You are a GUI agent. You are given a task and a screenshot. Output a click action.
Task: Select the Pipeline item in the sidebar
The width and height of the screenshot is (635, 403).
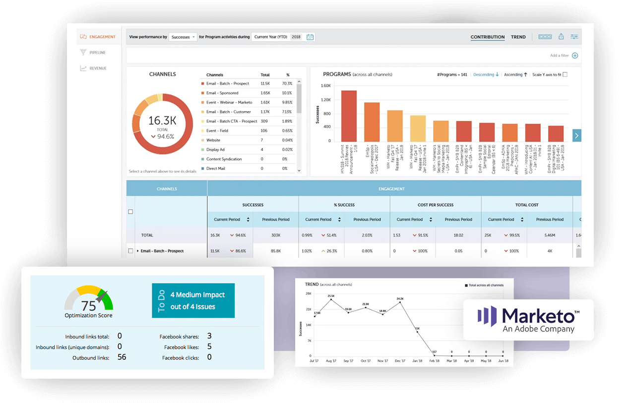[97, 53]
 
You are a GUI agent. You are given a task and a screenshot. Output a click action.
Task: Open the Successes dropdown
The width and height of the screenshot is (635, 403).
[183, 37]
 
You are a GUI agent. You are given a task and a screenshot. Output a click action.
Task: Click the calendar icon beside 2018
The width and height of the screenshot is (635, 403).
[310, 37]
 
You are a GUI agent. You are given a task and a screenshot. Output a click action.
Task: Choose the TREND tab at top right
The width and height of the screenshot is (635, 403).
[518, 37]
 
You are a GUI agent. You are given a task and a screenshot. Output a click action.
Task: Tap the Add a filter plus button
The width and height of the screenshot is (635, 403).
[575, 56]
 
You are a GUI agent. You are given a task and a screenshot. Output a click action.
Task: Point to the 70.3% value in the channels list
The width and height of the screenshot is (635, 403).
[287, 84]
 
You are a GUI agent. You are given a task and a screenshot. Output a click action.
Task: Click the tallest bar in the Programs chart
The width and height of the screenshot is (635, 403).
[349, 116]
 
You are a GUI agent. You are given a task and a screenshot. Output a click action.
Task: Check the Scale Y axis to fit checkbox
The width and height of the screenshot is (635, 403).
[565, 75]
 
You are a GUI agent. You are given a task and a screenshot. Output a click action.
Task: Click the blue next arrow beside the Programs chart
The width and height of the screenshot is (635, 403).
[576, 135]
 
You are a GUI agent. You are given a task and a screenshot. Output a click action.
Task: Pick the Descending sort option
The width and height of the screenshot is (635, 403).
[486, 75]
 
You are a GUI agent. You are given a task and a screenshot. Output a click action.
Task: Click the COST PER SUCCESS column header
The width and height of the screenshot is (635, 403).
[435, 205]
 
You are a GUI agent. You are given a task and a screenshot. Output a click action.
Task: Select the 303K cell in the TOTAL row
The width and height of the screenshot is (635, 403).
[275, 235]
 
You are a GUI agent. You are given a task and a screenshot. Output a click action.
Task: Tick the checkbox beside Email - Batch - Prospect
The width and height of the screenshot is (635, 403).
[130, 251]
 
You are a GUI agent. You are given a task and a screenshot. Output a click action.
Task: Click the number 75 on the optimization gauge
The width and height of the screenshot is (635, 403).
[88, 306]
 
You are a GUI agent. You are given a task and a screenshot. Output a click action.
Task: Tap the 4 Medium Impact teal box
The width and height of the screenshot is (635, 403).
[193, 300]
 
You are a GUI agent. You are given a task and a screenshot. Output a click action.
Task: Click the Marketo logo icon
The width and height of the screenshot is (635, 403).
[487, 316]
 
